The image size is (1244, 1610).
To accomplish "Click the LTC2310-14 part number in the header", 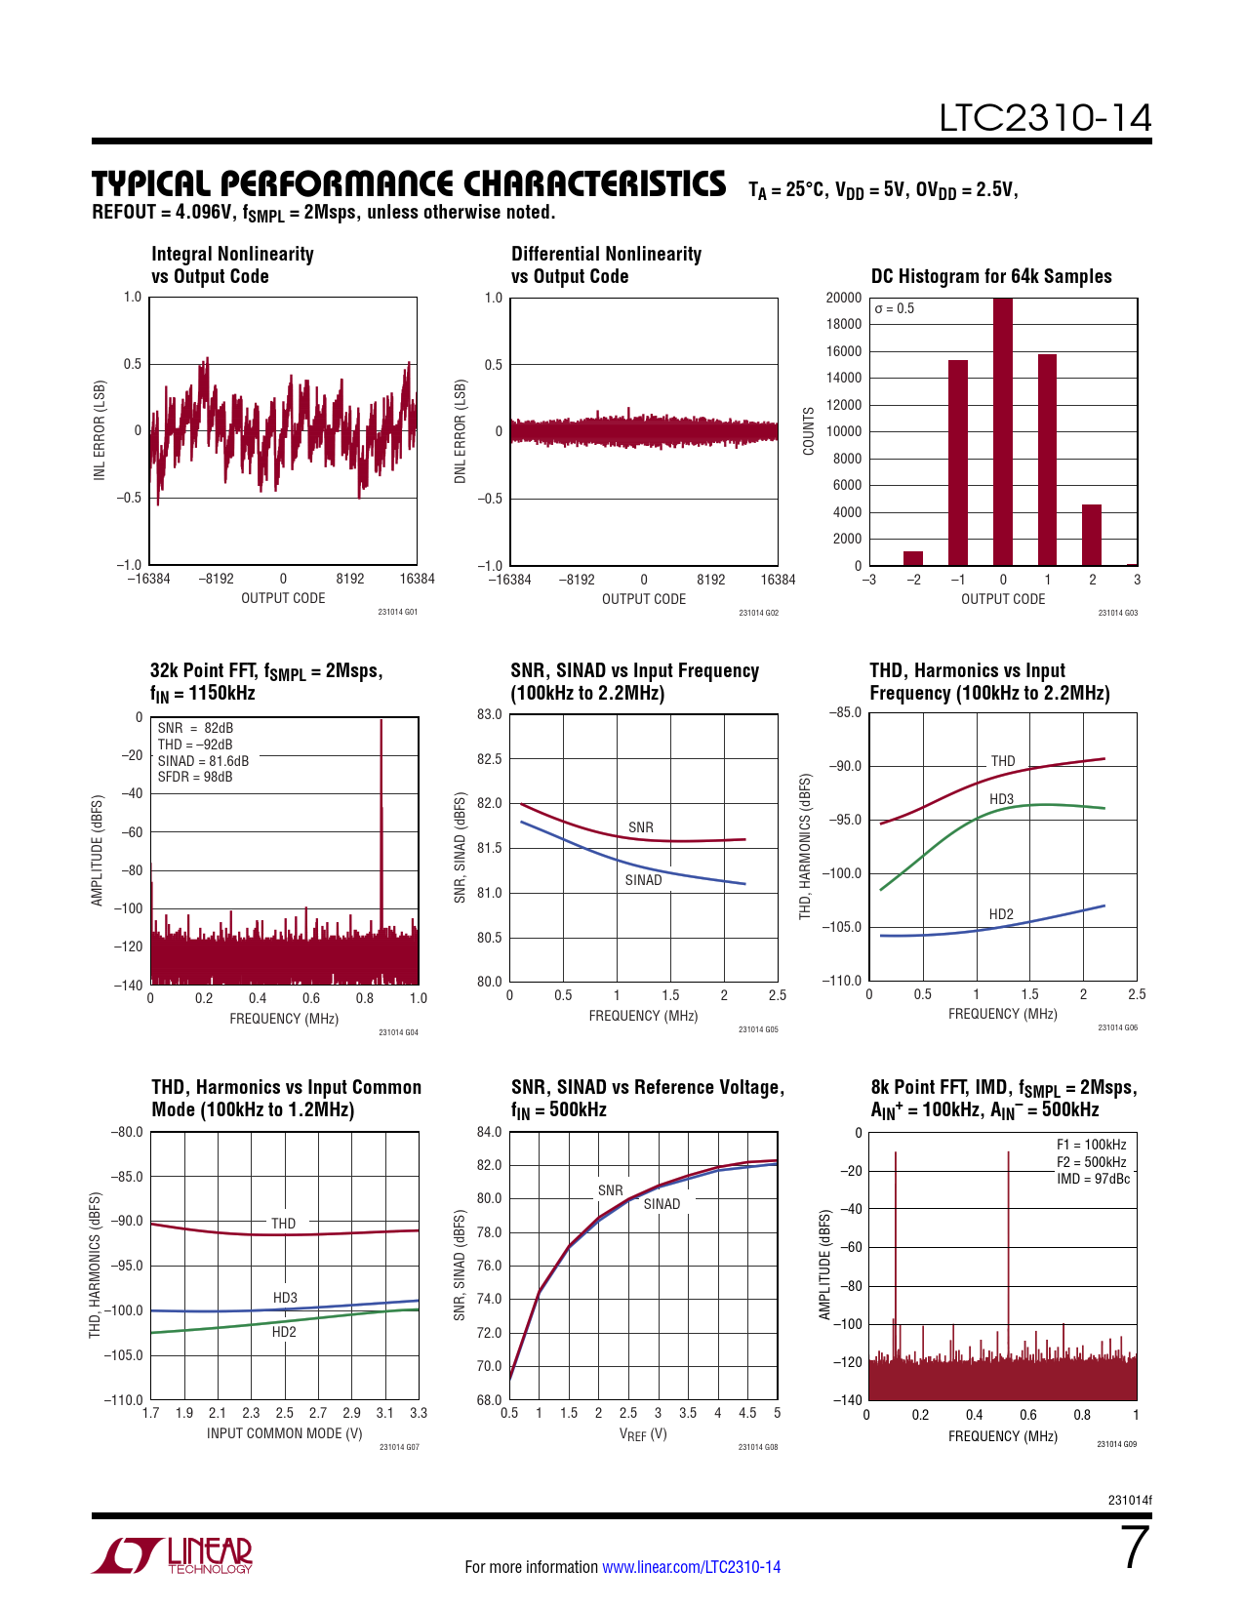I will pos(1045,118).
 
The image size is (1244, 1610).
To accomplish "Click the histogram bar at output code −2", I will pos(913,558).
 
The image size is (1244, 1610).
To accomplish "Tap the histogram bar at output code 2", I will pos(1092,535).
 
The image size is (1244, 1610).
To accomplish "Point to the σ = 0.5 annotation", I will pos(895,308).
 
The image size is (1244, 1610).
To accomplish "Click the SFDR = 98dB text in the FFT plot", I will pos(195,777).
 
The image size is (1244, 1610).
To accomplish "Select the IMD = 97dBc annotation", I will pos(1093,1179).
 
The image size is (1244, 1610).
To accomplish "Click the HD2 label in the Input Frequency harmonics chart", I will pos(1001,914).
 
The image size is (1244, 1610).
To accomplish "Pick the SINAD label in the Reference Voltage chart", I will pos(662,1204).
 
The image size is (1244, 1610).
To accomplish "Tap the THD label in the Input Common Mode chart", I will pos(283,1223).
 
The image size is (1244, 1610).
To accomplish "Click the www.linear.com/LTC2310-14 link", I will pos(691,1567).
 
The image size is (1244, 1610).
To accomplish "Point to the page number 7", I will pos(1136,1549).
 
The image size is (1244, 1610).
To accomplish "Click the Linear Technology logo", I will pos(173,1555).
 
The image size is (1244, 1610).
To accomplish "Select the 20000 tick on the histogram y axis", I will pos(844,298).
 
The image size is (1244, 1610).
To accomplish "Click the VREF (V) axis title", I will pos(643,1434).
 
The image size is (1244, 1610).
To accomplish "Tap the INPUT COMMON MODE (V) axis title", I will pos(284,1433).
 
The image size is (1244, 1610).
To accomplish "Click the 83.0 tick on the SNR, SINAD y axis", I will pos(489,714).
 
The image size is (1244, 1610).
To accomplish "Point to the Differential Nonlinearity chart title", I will pos(606,264).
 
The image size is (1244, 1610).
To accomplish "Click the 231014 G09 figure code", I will pos(1116,1444).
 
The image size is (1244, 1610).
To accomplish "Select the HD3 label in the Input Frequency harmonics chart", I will pos(1001,799).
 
